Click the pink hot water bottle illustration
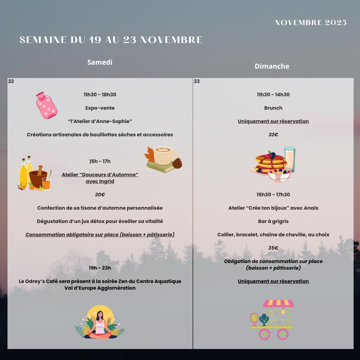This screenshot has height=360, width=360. tap(47, 106)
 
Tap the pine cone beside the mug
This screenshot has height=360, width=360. tap(177, 163)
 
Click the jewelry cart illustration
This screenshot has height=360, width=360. tap(273, 319)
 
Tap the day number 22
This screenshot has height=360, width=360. tap(11, 81)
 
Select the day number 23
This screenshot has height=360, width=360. tap(197, 81)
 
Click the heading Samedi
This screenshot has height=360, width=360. tap(100, 62)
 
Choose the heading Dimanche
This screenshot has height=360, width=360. tap(272, 66)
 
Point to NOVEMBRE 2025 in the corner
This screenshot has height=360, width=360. tap(311, 23)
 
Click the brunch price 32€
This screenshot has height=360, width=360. tap(273, 135)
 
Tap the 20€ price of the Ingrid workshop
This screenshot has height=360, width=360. tap(100, 195)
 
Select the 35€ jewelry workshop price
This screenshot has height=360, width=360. tap(273, 248)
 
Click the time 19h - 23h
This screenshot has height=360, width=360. tap(100, 268)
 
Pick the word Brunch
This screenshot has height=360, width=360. tap(273, 108)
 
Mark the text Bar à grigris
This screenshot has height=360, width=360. tap(273, 221)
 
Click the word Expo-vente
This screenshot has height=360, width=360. tap(100, 108)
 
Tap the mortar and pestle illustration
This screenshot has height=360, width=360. tap(38, 177)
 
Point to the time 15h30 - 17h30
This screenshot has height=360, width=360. tap(273, 195)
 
